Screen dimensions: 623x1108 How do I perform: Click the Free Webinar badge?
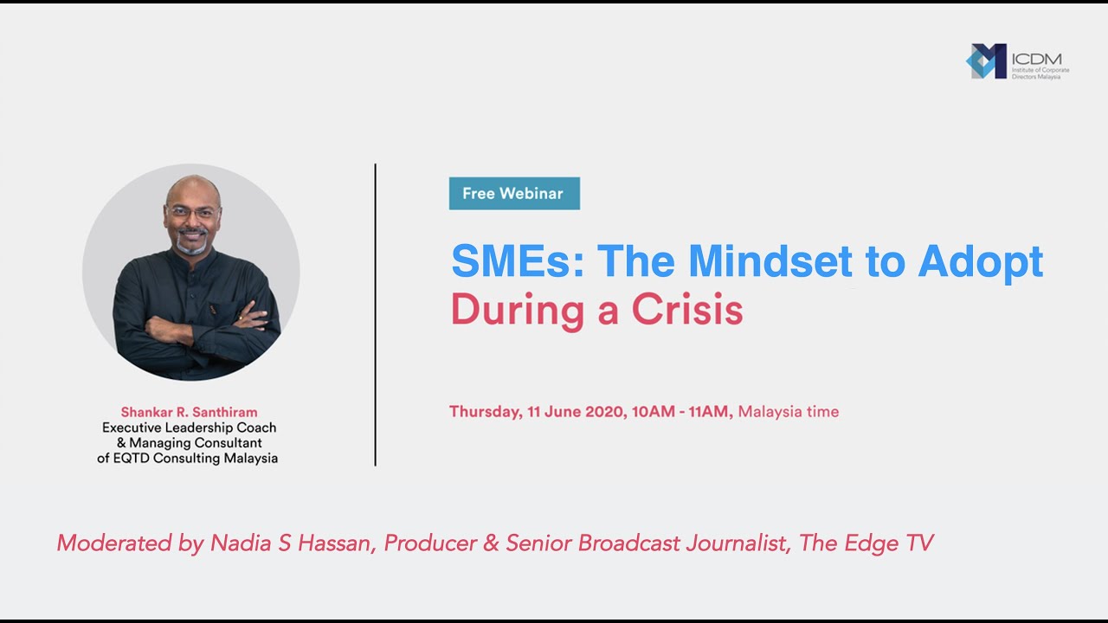[x=513, y=194]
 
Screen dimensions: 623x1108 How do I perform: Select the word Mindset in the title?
[x=770, y=261]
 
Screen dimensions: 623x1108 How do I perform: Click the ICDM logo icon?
[x=986, y=61]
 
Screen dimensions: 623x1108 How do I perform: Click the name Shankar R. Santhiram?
[x=189, y=412]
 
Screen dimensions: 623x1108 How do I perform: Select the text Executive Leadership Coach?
[x=189, y=427]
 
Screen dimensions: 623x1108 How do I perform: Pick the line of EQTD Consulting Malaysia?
[x=188, y=459]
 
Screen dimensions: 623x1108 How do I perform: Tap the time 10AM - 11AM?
[x=682, y=412]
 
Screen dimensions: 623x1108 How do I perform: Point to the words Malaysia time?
[x=789, y=412]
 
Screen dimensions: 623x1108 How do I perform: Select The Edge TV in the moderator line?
[x=866, y=543]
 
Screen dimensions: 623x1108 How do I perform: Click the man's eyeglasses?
[x=193, y=212]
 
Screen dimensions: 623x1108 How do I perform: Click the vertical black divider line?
[x=375, y=315]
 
